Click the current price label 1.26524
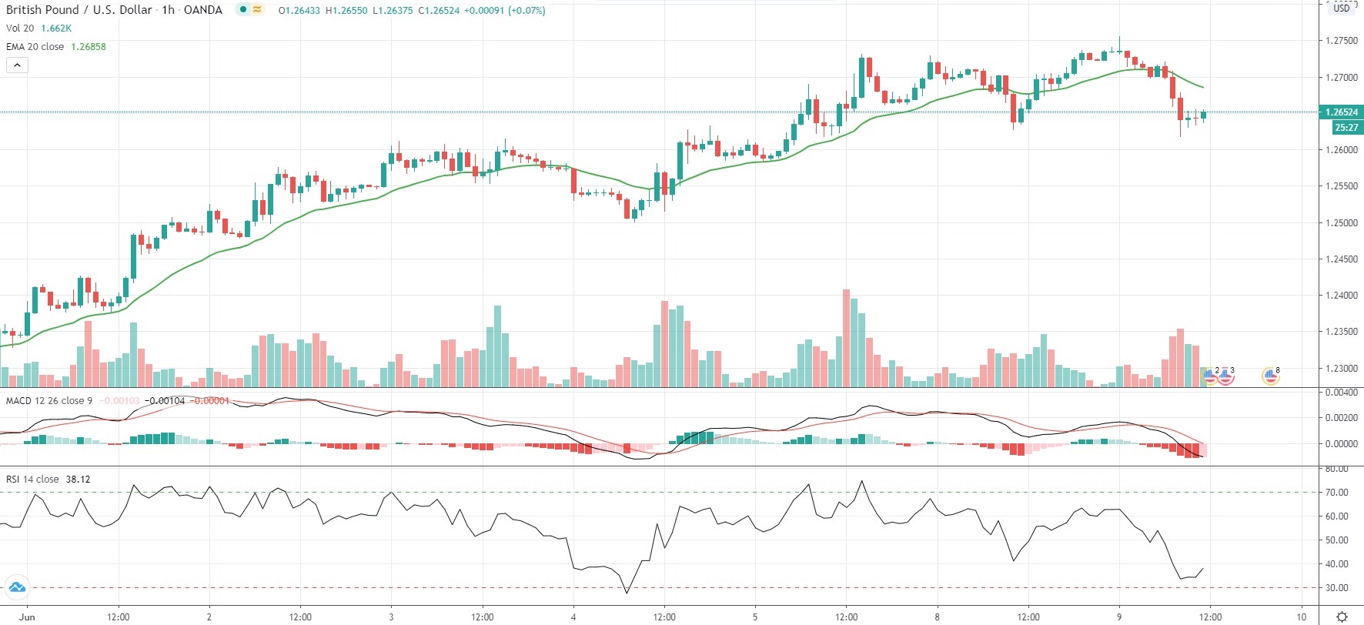[x=1341, y=112]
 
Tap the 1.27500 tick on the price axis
[x=1341, y=41]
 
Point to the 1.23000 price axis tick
[x=1341, y=369]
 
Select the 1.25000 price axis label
[x=1341, y=223]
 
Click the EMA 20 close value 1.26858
[x=89, y=47]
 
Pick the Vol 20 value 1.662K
[x=56, y=28]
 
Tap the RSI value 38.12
[x=78, y=480]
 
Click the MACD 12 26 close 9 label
[x=49, y=401]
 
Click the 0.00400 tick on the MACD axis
[x=1341, y=393]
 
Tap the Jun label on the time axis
[x=27, y=617]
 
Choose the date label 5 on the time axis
[x=755, y=617]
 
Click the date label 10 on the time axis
[x=1301, y=617]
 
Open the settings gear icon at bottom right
[x=1342, y=617]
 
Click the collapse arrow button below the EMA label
[x=17, y=65]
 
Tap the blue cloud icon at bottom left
[x=16, y=588]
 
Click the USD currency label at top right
[x=1342, y=8]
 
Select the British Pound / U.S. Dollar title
[x=81, y=10]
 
